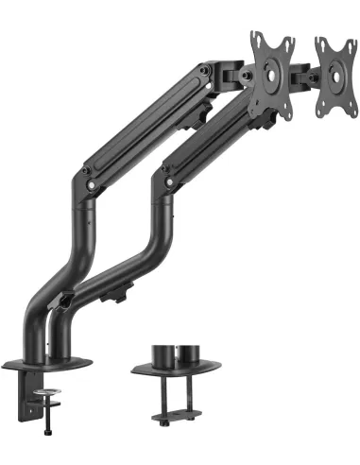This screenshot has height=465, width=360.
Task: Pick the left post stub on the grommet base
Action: (163, 352)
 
